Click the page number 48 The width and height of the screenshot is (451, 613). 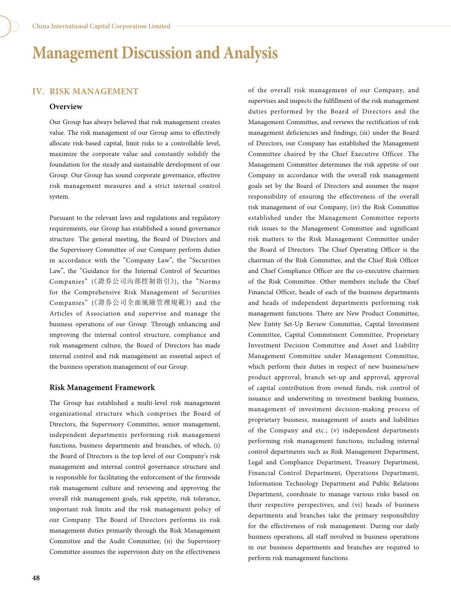point(36,578)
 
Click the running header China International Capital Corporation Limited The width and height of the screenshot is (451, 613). point(101,26)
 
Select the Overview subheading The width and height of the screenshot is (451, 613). point(66,107)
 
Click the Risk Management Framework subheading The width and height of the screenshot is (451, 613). point(102,388)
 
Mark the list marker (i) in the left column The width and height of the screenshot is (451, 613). point(217,446)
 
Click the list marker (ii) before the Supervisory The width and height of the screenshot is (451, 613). point(169,541)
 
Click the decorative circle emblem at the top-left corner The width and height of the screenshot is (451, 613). point(8,26)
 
